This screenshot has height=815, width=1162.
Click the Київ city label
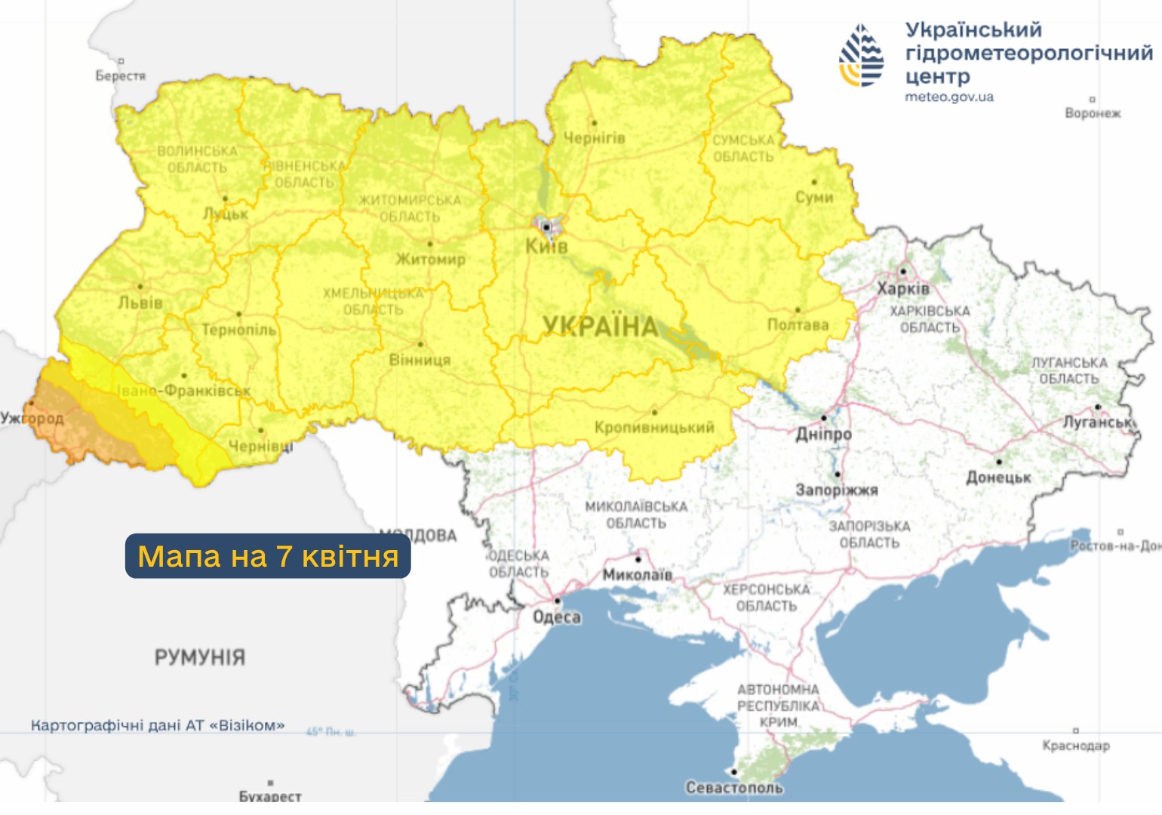[546, 247]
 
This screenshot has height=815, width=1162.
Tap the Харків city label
[903, 289]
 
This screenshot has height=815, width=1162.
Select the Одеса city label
[557, 617]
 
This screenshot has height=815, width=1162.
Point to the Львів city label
[140, 303]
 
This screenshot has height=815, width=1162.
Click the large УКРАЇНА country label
[601, 327]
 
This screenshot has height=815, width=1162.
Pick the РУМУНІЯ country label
[200, 657]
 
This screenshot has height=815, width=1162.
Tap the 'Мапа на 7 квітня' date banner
[268, 556]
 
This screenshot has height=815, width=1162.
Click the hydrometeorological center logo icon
[862, 56]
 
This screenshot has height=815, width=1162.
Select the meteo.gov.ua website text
[949, 97]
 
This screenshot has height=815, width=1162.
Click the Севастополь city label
[733, 788]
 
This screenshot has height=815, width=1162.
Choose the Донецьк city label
[998, 478]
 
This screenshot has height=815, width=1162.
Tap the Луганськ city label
[1098, 423]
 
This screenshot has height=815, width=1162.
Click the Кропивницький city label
[654, 428]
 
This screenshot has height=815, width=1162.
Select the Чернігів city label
[595, 138]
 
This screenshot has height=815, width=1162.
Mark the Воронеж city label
[1093, 113]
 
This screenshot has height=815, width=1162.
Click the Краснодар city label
[1076, 746]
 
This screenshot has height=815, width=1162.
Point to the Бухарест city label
[270, 796]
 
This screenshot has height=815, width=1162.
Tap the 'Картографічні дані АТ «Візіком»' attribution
[158, 726]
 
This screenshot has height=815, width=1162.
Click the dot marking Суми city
[814, 182]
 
